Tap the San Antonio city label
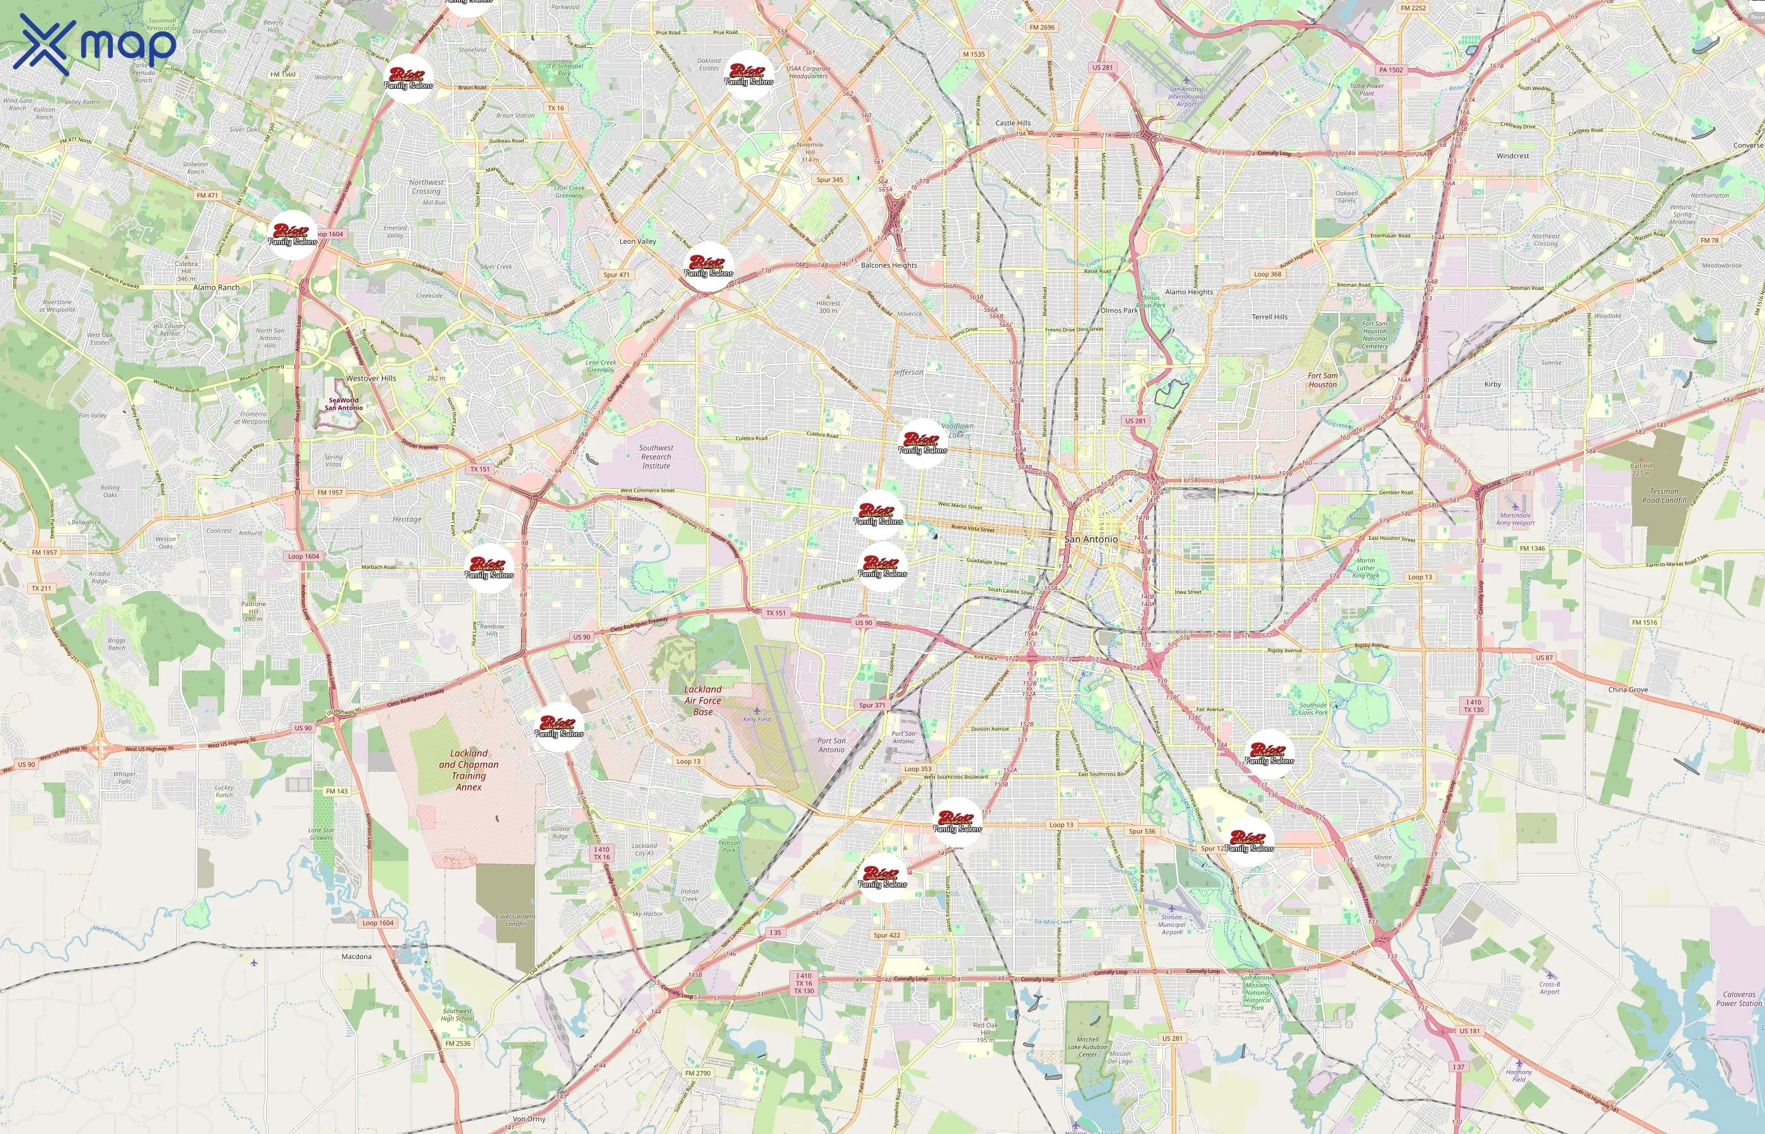1091,540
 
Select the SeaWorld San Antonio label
344,404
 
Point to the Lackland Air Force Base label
703,701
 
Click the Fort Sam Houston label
1322,380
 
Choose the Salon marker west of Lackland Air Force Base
559,728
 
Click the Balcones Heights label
889,265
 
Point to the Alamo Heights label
1188,292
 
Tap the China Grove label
1628,690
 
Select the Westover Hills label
371,379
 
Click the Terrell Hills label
1270,317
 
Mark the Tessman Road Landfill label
1664,496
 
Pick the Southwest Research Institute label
656,457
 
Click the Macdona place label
357,956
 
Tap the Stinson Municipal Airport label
1171,925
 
